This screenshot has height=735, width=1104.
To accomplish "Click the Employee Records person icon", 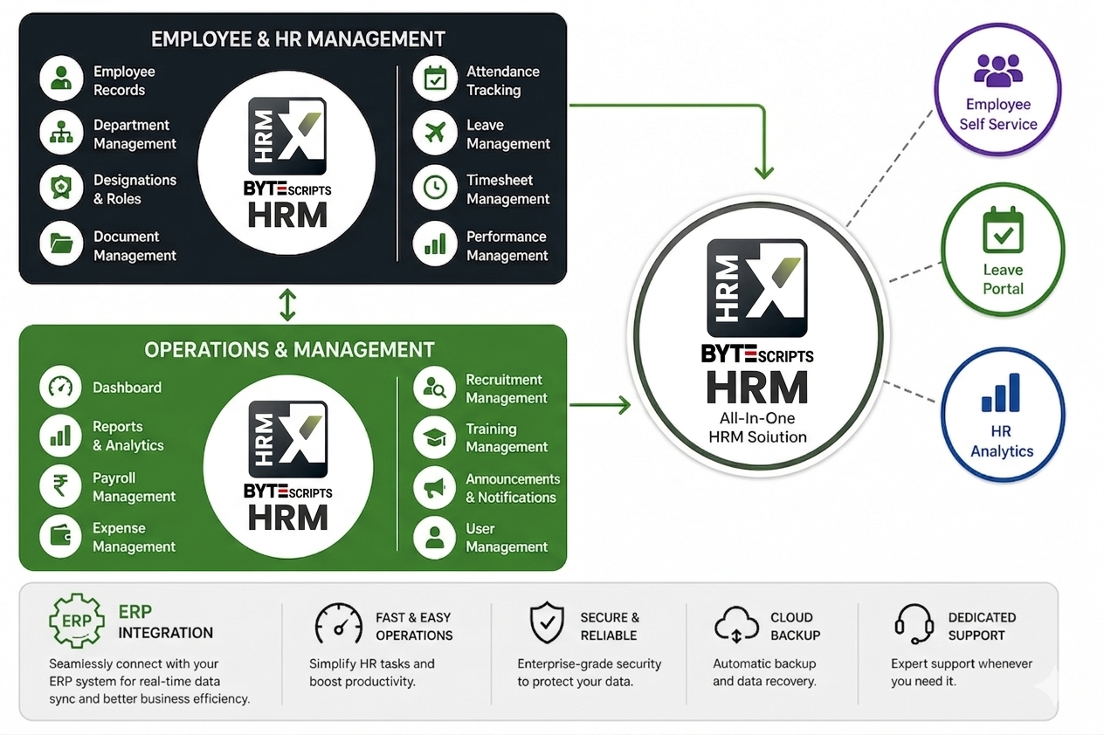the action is point(61,79).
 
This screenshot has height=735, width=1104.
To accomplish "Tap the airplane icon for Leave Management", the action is point(435,133).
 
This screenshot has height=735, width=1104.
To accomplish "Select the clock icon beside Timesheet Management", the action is point(435,188).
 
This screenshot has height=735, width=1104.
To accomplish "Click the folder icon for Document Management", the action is point(61,244).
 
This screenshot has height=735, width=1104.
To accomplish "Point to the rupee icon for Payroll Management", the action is point(60,486).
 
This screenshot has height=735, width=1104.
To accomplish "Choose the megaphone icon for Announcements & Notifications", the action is point(434,488).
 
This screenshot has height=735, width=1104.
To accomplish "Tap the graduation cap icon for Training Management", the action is point(434,437).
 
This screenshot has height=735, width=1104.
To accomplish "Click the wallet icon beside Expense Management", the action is point(60,536).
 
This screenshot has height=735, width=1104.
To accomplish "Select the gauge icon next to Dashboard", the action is point(60,387).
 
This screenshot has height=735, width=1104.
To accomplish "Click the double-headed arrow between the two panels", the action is point(287,305).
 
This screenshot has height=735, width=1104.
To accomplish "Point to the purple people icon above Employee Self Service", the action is point(998,72).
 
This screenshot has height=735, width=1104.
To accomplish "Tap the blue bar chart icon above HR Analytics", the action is point(1001,393).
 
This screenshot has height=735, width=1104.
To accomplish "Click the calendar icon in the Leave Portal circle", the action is point(1003,230).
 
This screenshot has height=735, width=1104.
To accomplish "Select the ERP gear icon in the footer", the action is point(77,621).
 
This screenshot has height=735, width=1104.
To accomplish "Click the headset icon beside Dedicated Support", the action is point(914,623).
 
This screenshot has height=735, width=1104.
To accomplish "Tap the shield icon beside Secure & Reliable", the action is point(547,622).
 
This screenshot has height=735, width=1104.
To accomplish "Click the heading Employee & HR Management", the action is point(298,39).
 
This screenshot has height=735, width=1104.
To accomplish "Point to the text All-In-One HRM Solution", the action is point(757,428).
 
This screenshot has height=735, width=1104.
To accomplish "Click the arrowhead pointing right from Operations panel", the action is point(625,405).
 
